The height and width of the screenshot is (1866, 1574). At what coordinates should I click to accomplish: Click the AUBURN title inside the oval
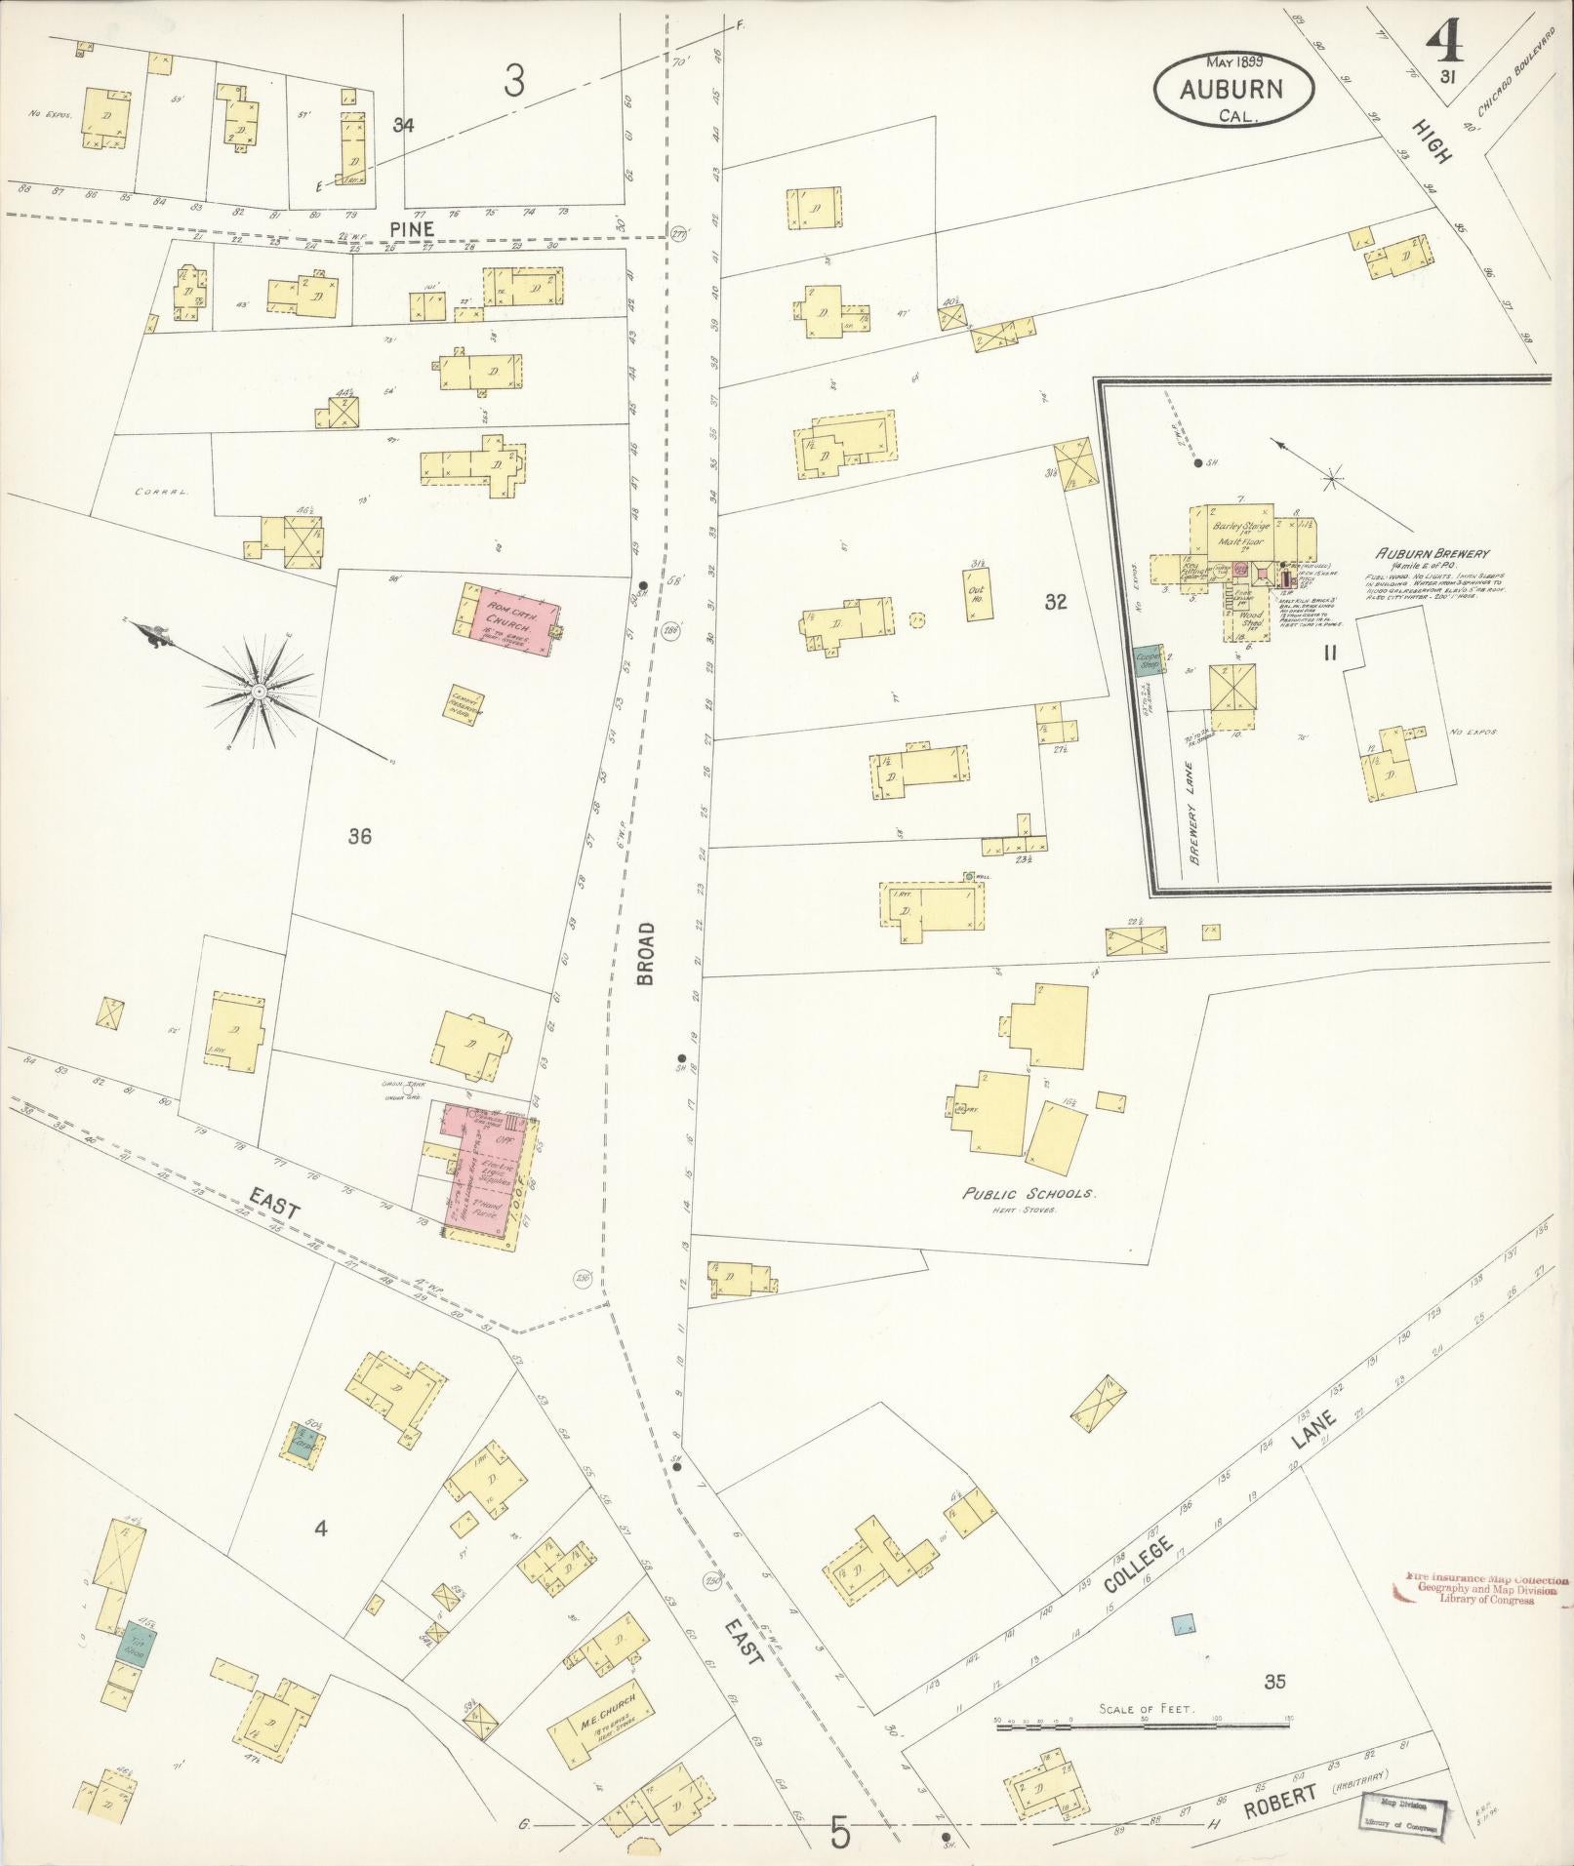coord(1231,90)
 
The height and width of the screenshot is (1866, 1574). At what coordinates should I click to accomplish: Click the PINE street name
coord(410,227)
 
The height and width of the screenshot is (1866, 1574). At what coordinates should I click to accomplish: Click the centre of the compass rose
coord(260,692)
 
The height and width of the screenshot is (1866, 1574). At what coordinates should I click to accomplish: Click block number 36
coord(359,836)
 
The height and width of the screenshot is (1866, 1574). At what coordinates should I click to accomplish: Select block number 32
coord(1055,602)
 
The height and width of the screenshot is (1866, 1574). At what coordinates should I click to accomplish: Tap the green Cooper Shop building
coord(1147,660)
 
